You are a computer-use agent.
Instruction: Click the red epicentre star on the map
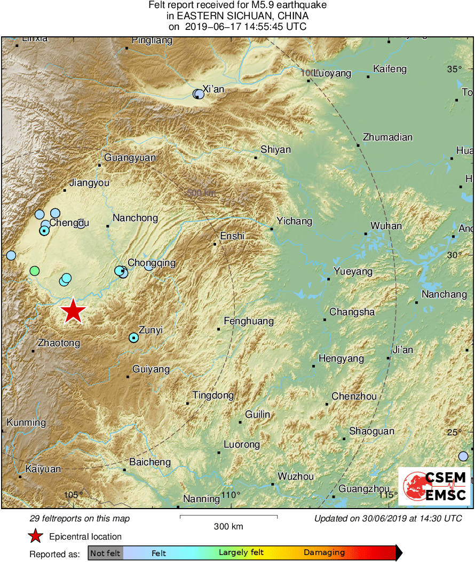73,311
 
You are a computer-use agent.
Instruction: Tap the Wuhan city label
386,225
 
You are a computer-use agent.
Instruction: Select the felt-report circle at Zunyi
133,337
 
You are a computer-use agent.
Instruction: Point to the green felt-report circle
35,271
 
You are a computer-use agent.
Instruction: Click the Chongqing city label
152,262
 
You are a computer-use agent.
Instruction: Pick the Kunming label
26,423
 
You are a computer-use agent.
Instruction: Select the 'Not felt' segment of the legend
105,553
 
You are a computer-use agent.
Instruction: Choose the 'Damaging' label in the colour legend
324,553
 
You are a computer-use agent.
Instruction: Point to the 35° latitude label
454,68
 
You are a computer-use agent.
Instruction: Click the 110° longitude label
231,495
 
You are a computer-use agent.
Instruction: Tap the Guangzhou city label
365,488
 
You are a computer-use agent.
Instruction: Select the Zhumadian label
387,137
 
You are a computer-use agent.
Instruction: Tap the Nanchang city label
444,294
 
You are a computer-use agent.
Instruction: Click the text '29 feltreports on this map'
80,518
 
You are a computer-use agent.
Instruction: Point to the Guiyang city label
151,369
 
